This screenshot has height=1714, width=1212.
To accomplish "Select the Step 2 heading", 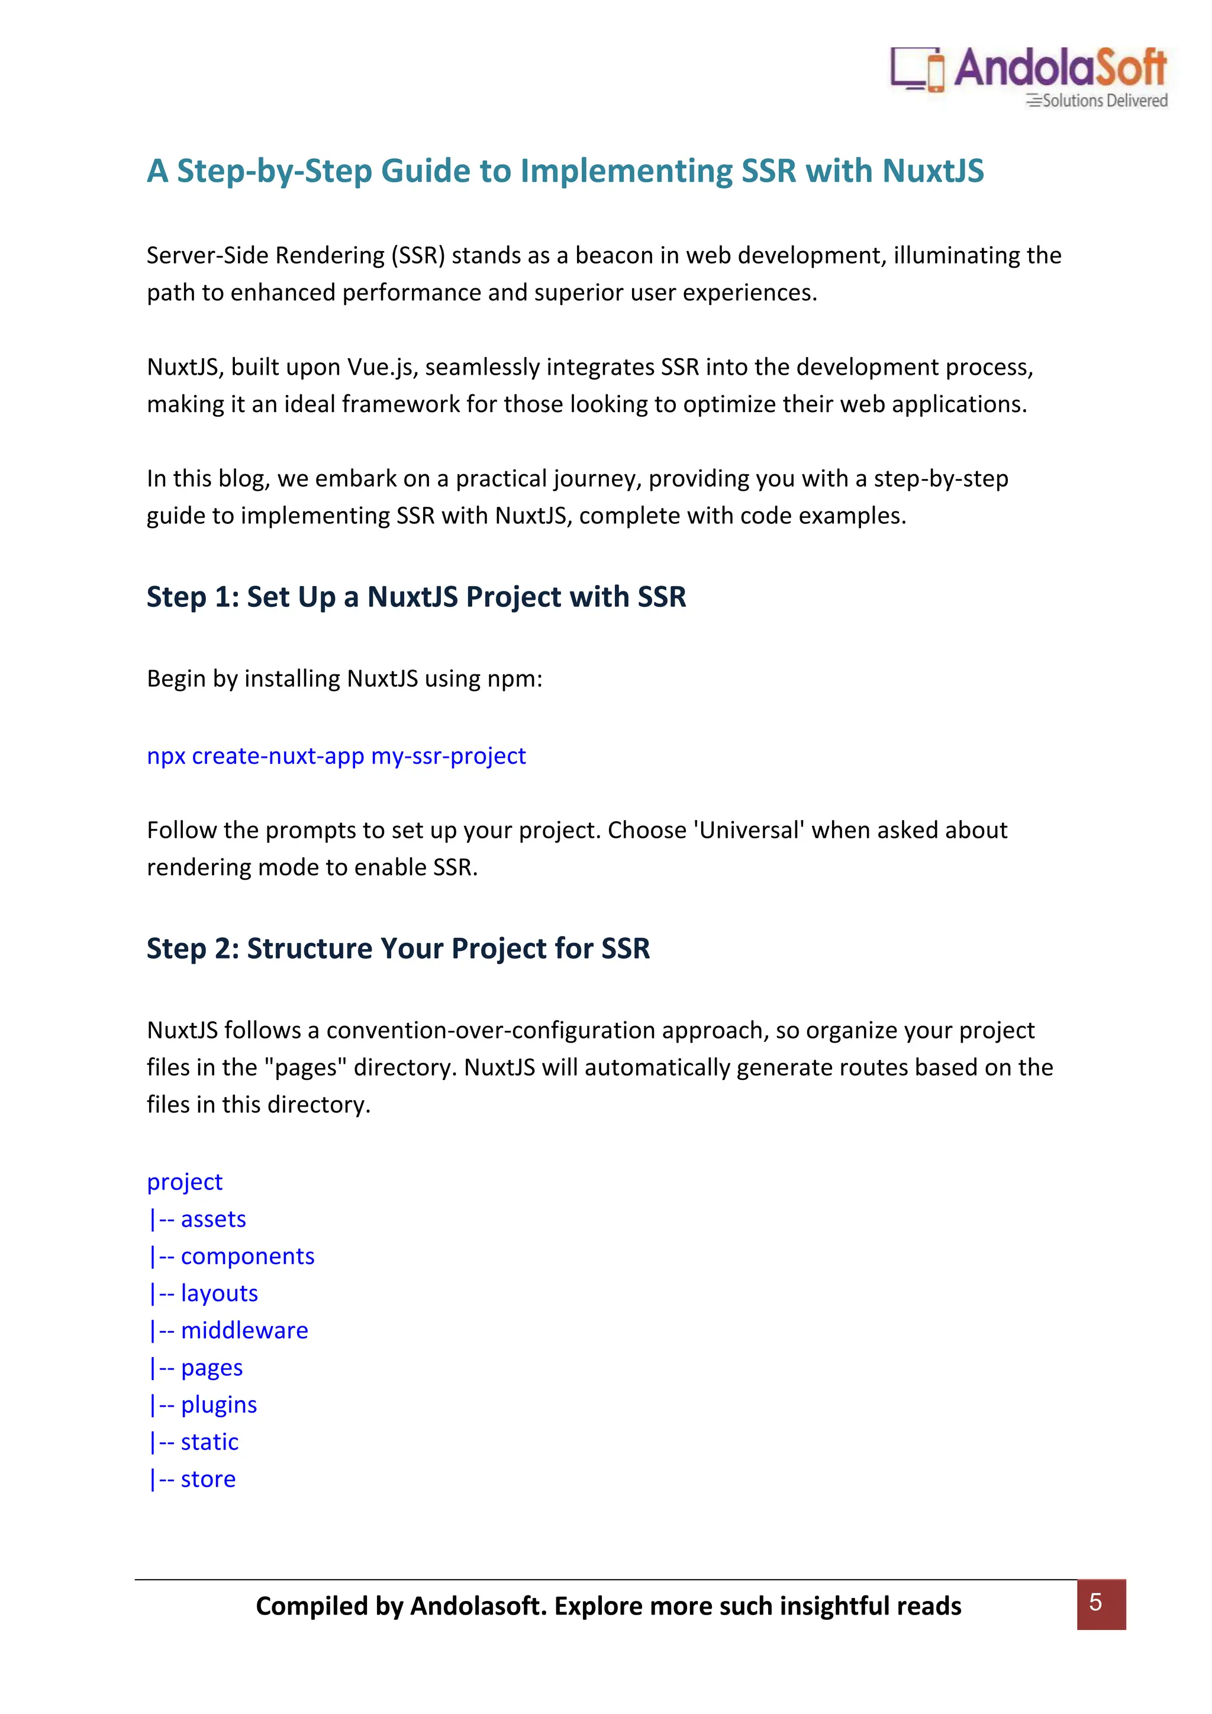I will coord(398,949).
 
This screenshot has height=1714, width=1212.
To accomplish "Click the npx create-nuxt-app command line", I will coord(336,756).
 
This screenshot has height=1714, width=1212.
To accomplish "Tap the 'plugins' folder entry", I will coord(218,1405).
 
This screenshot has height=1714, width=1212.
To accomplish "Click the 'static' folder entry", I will coord(209,1442).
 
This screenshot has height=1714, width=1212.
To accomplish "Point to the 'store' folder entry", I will coord(208,1480).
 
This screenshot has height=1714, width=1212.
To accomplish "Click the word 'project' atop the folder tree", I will coord(184,1182).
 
